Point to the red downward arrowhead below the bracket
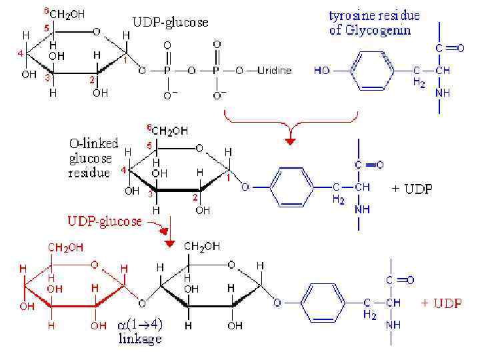pyautogui.click(x=289, y=140)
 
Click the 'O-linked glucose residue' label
pyautogui.click(x=94, y=158)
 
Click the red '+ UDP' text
pyautogui.click(x=441, y=303)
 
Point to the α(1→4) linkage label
pyautogui.click(x=139, y=331)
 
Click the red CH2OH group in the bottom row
pyautogui.click(x=65, y=248)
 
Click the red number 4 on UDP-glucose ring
pyautogui.click(x=21, y=53)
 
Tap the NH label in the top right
pyautogui.click(x=443, y=93)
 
